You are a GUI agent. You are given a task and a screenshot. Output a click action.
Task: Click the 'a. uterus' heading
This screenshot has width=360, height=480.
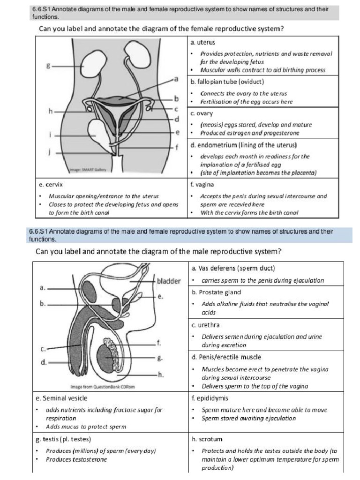coord(203,43)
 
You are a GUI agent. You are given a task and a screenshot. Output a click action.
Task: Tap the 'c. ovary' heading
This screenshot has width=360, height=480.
coord(202,113)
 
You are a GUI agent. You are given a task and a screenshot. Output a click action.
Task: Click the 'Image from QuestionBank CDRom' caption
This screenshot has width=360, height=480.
coord(100,387)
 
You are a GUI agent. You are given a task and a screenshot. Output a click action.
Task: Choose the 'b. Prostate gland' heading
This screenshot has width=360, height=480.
coord(216,292)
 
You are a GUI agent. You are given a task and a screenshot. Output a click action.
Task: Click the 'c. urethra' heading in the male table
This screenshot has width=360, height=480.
coord(205,325)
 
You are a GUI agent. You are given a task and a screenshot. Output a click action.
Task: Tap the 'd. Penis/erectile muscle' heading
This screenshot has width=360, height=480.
coord(226,357)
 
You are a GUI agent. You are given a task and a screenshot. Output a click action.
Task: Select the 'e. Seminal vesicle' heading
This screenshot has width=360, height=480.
coord(61,398)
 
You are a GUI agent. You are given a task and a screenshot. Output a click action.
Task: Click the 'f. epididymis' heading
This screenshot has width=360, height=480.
coord(210,398)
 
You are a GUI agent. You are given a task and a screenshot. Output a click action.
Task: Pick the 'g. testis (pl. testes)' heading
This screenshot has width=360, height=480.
coord(63,439)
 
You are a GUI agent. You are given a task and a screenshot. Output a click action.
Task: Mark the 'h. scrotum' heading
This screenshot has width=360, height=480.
coord(207,439)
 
